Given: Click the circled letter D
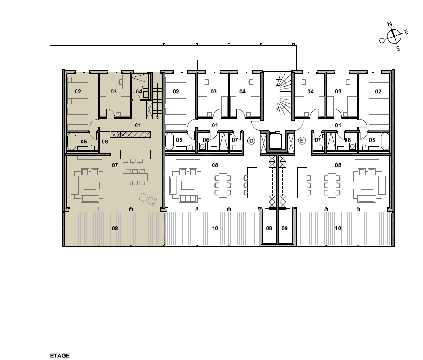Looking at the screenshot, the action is point(251,141).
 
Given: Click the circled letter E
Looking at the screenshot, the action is point(302,141).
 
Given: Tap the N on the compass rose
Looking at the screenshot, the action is point(390,25).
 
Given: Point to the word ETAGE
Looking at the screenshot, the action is point(60,356).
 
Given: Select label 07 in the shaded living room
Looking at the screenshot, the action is point(115,165).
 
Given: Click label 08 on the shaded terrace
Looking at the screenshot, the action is point(115,229).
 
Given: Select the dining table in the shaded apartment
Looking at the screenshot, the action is point(135,177).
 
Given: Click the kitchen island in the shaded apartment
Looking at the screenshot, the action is point(135,154).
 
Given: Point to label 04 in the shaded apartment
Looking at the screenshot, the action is point(139,92).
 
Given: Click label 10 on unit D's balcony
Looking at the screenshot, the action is point(215,229).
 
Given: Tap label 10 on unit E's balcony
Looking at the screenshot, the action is point(338,229).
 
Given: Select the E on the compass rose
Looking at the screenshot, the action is point(407,33).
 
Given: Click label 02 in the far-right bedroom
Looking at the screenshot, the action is point(378,92).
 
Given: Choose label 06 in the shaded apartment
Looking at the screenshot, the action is point(105,142).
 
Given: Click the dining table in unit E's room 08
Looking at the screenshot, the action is point(332,185).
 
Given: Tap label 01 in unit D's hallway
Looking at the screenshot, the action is point(215,125).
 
